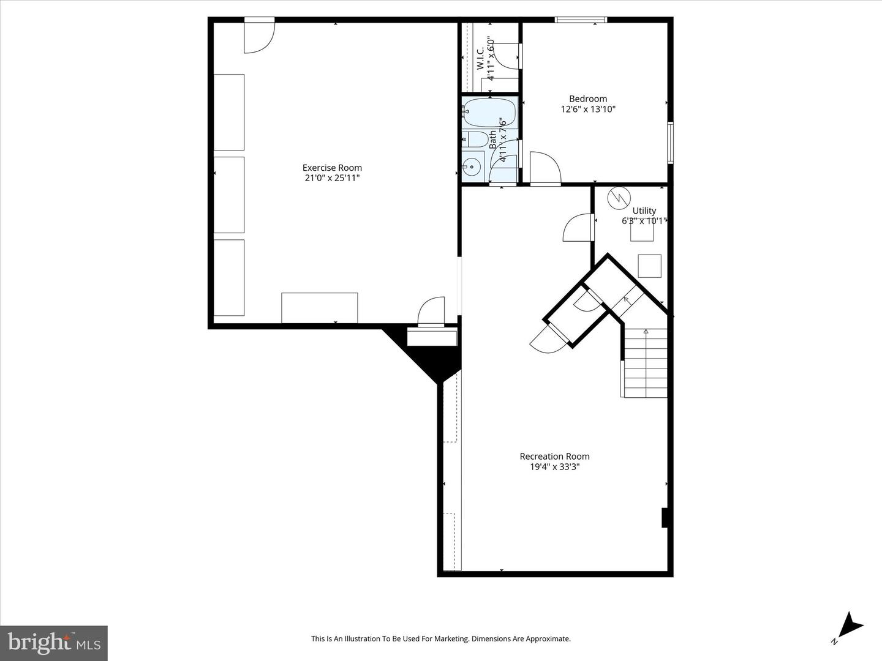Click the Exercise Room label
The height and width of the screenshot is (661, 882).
(x=332, y=168)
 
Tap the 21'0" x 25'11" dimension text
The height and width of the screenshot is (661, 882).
(x=332, y=178)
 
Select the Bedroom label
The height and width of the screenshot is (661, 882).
(x=588, y=99)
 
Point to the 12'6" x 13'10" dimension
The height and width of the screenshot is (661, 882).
(x=588, y=110)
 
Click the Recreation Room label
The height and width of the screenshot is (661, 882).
(x=554, y=456)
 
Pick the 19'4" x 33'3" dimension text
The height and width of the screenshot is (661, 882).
(x=554, y=467)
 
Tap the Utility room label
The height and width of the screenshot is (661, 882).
(x=644, y=211)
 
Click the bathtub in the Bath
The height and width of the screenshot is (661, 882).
(x=489, y=112)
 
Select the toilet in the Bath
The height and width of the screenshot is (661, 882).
(x=476, y=139)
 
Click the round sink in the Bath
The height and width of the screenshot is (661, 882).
(x=472, y=166)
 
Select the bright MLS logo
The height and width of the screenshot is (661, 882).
(x=54, y=643)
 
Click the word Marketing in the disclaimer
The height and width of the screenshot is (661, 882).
(x=449, y=639)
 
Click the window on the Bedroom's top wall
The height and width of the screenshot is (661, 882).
(x=581, y=20)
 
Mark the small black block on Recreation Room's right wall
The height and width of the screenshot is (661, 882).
(x=665, y=518)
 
